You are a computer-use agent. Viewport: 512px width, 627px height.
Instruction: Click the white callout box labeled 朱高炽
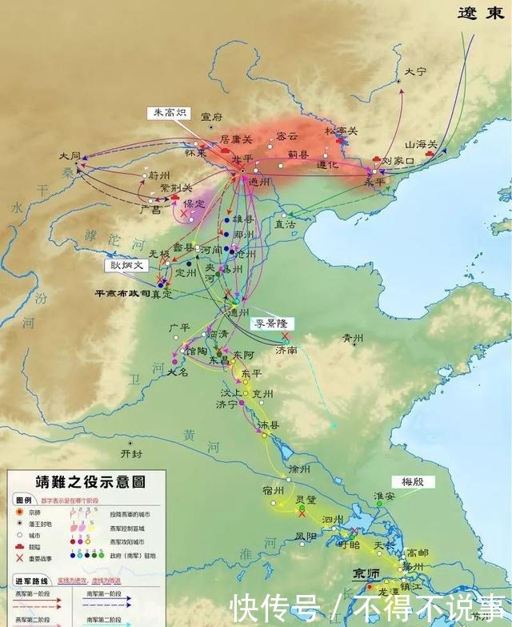[166, 114]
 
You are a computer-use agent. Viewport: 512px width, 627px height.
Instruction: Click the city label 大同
[70, 155]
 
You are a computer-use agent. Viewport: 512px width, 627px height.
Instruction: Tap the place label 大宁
[415, 71]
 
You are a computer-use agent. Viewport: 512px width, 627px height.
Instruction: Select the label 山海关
[421, 144]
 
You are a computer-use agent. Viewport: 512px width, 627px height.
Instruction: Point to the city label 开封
[130, 453]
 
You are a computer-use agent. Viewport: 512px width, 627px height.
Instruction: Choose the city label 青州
[353, 338]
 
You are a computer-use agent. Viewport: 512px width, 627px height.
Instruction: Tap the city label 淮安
[386, 496]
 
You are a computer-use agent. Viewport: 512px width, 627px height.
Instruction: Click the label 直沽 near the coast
[286, 226]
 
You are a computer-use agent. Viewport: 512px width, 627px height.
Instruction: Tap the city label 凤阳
[306, 535]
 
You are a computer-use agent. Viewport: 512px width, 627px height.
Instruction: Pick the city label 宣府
[211, 117]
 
